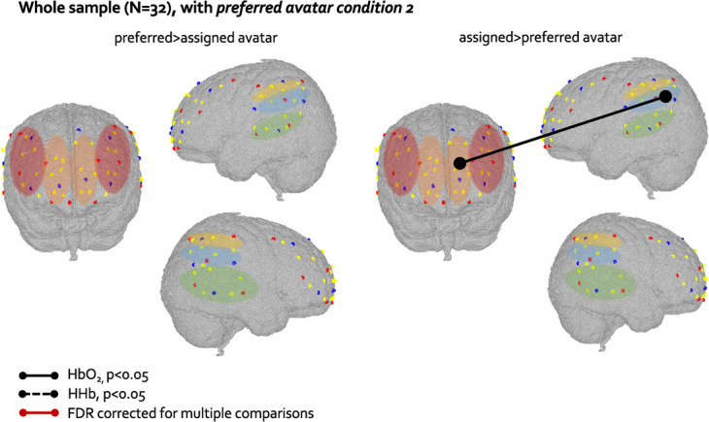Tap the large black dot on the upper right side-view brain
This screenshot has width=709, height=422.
coord(665,96)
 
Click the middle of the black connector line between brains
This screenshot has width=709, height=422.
coord(560,129)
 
